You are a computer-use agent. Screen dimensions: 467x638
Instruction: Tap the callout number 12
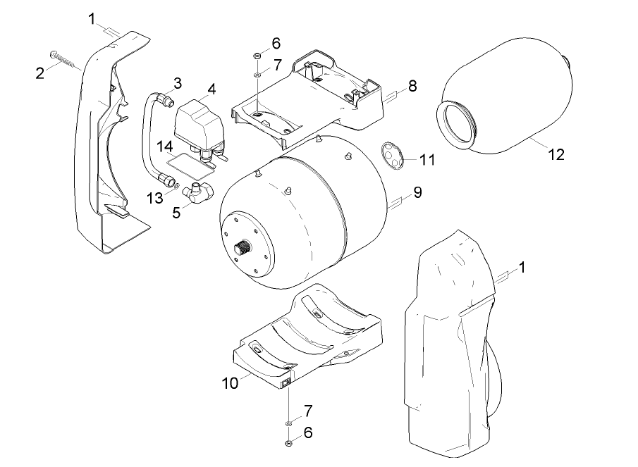pos(556,154)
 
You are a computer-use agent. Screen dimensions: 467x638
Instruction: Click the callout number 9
pos(417,192)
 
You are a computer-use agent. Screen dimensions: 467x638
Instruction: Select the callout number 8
pos(412,86)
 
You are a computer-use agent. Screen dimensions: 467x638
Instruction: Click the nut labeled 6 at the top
pos(258,56)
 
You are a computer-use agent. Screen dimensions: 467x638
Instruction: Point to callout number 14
pos(164,147)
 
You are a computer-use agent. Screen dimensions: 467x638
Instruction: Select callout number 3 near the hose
pos(177,83)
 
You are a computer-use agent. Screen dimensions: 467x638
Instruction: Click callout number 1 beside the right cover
pos(522,267)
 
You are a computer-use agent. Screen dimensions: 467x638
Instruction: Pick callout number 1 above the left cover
pos(92,18)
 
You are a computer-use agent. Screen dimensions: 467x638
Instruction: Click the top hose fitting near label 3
pos(166,99)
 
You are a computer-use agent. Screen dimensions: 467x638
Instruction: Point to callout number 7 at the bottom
pos(307,409)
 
